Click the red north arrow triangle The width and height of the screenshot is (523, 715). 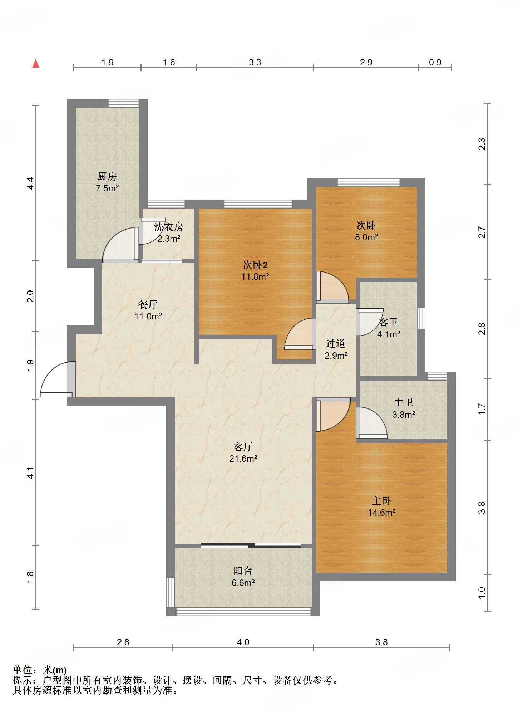click(x=36, y=64)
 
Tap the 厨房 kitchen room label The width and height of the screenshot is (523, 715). click(x=107, y=176)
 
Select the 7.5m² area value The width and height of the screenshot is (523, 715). click(x=107, y=188)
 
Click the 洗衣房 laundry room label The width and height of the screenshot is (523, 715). click(x=168, y=227)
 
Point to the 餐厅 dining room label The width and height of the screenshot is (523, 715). click(x=148, y=304)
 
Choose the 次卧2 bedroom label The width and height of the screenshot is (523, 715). click(x=255, y=265)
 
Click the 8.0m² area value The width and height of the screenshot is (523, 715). click(x=366, y=237)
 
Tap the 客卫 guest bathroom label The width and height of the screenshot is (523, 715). click(x=388, y=322)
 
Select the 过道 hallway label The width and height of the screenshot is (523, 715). click(x=336, y=344)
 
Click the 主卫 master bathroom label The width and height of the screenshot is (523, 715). click(x=404, y=403)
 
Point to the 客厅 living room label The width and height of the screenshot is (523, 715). click(x=243, y=447)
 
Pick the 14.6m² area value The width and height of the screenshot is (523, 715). click(x=382, y=513)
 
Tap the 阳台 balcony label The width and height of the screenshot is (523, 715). click(x=243, y=571)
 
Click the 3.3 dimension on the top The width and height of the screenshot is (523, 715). click(x=255, y=62)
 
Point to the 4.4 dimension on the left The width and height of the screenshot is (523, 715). click(x=30, y=183)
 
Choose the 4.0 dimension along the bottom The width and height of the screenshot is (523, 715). click(x=243, y=642)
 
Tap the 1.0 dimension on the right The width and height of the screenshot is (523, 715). click(x=482, y=593)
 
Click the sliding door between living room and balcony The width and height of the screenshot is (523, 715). click(x=251, y=545)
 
